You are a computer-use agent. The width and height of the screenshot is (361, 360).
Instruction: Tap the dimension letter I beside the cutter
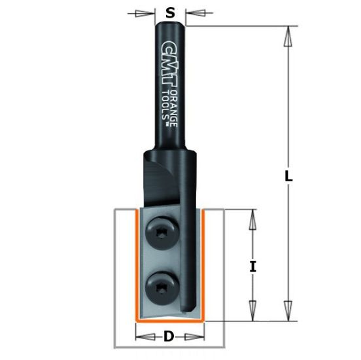[x=252, y=266]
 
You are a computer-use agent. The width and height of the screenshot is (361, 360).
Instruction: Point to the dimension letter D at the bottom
[x=169, y=337]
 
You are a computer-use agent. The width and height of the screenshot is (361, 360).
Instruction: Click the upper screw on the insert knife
[x=160, y=234]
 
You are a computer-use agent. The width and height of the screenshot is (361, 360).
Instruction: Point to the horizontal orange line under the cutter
[x=168, y=321]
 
